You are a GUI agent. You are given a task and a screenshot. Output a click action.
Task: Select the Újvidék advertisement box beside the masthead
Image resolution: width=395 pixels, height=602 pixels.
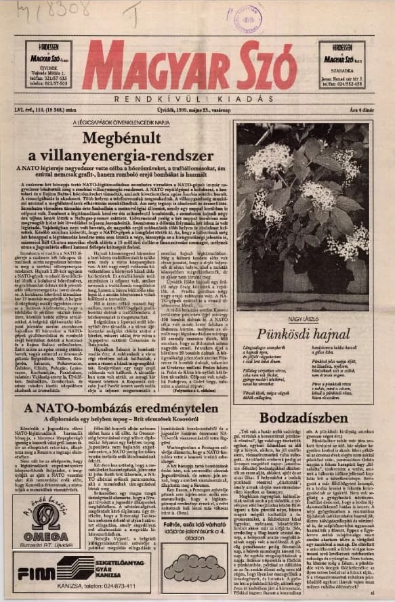coord(48,65)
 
